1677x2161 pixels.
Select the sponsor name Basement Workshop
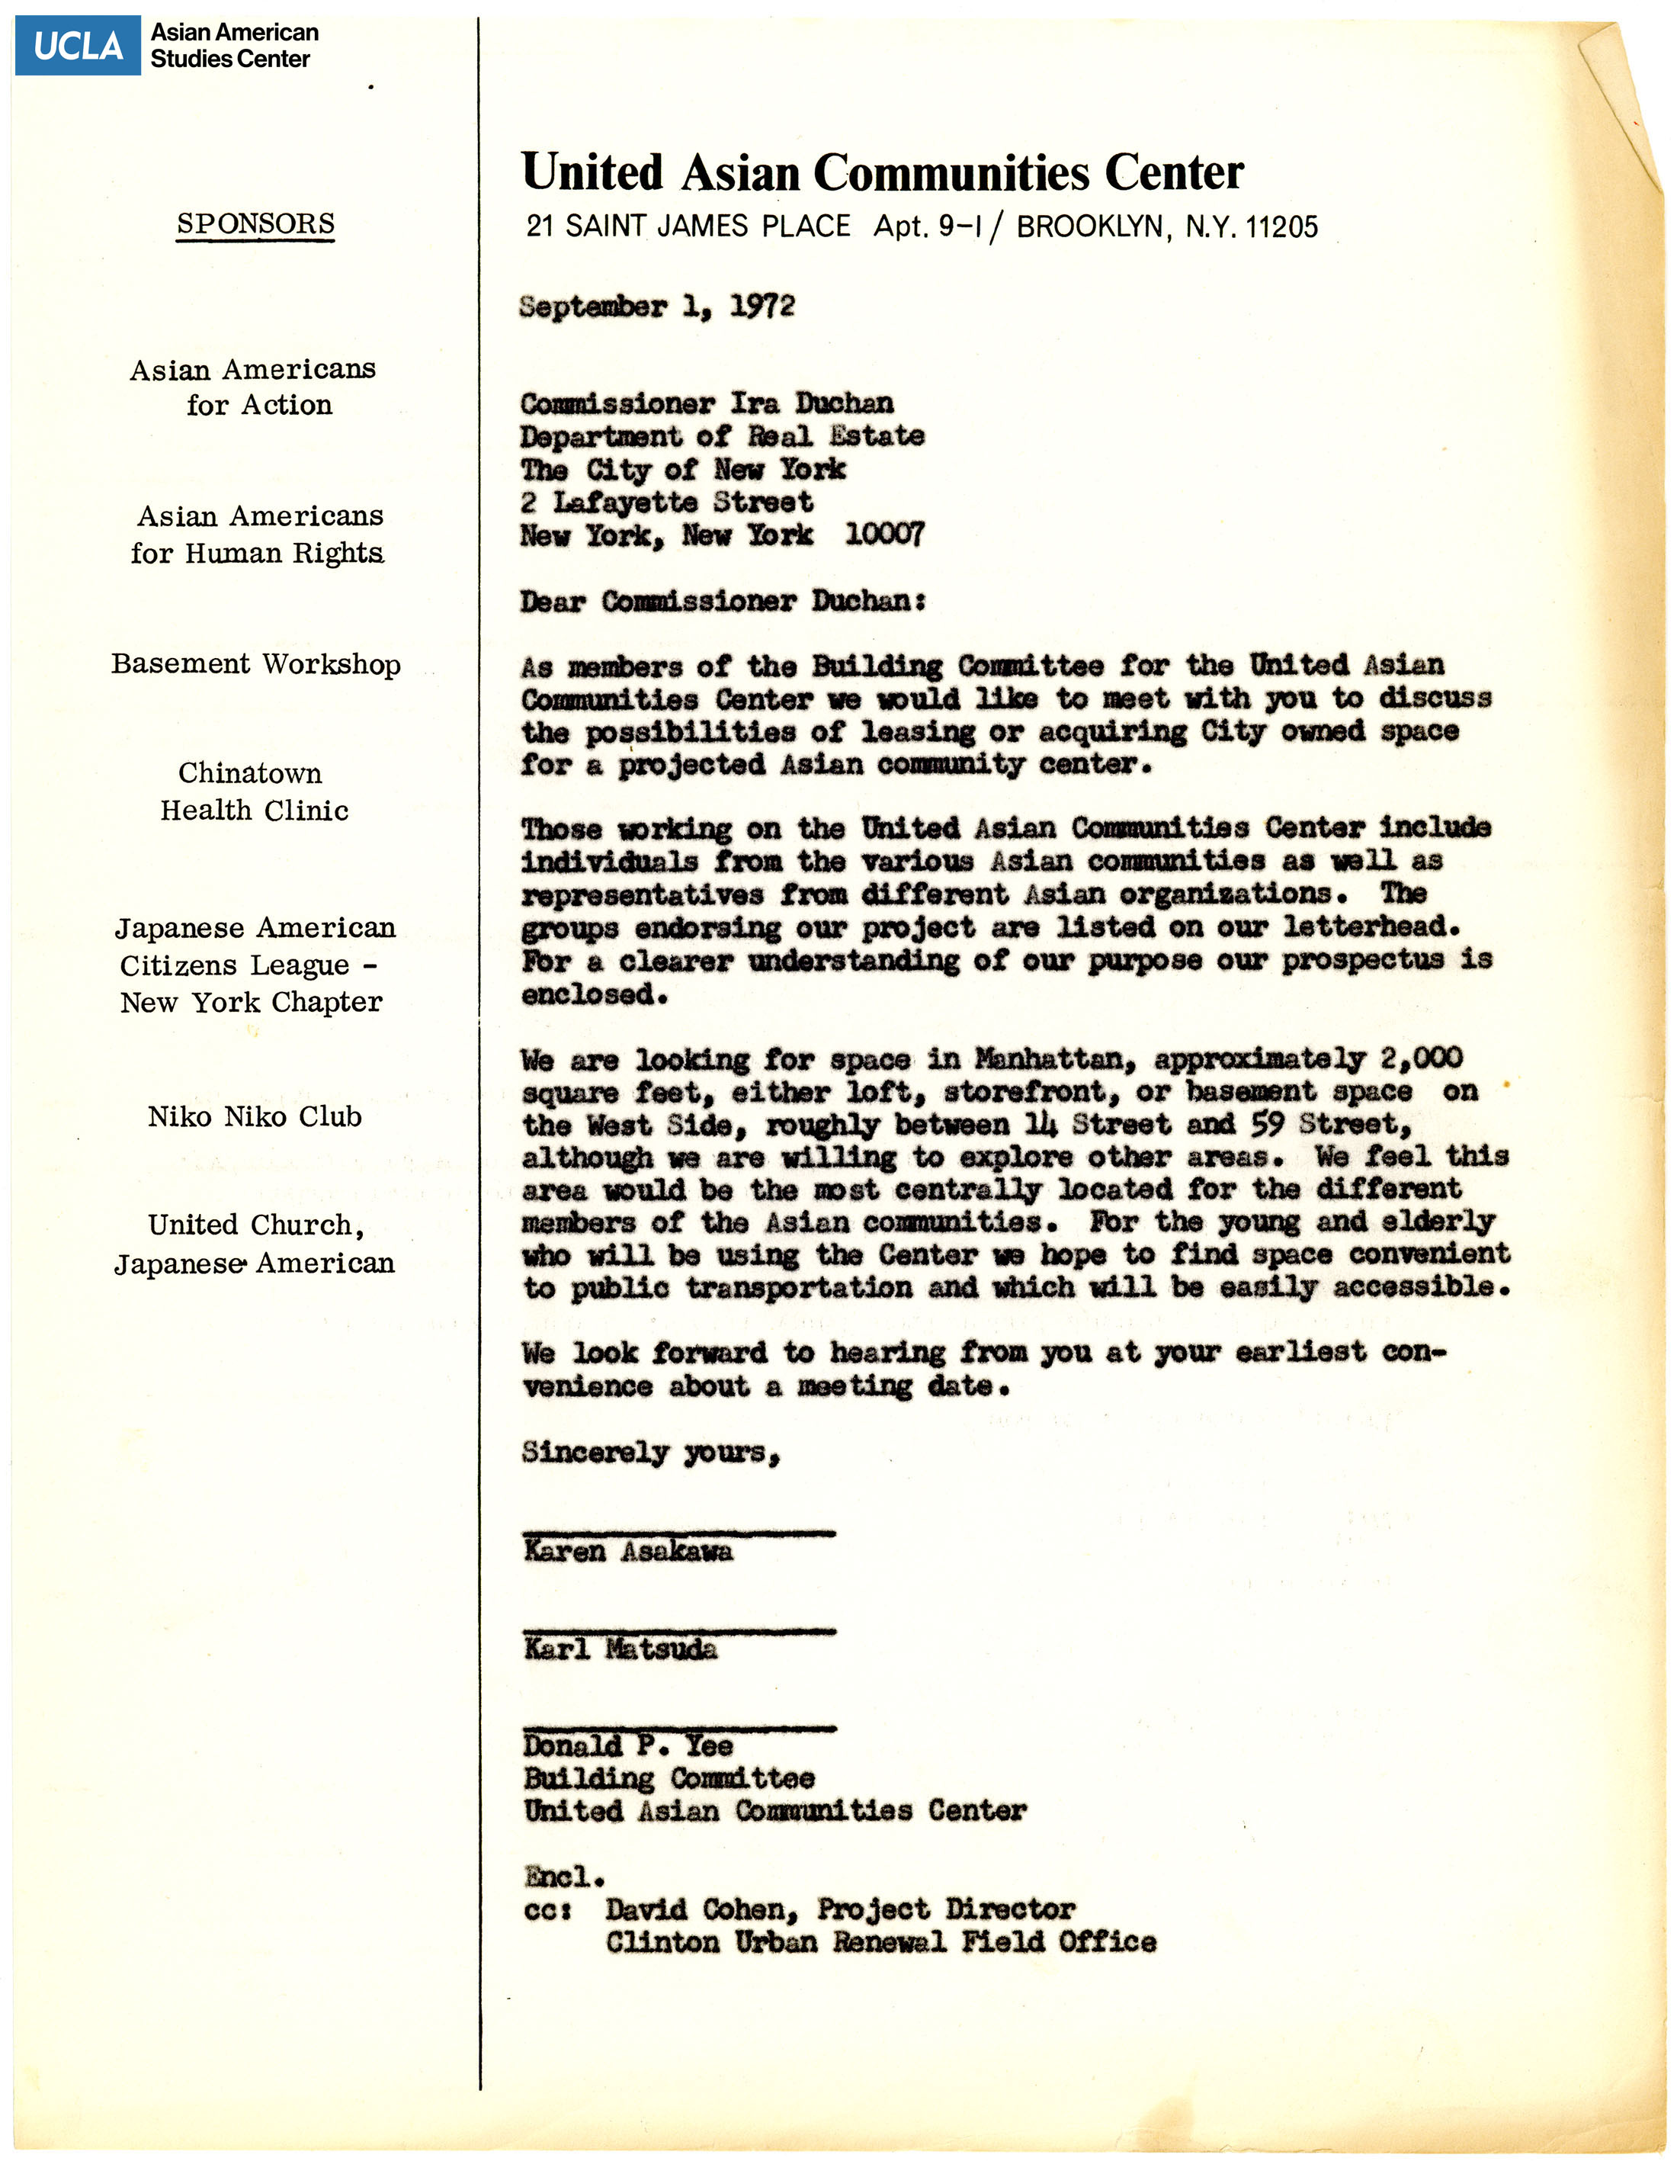click(x=255, y=664)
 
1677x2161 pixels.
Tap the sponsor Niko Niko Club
click(x=255, y=1117)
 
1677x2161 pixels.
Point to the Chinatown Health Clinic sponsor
click(x=255, y=792)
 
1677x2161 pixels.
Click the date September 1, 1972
click(x=656, y=307)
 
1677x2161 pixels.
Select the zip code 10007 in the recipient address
click(x=883, y=535)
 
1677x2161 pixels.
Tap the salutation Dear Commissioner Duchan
click(x=722, y=602)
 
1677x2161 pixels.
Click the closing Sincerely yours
click(x=650, y=1453)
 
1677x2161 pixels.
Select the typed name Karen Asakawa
click(x=628, y=1552)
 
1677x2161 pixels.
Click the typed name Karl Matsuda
click(x=620, y=1649)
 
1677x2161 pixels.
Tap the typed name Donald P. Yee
click(x=628, y=1746)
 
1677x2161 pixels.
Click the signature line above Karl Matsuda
click(x=678, y=1630)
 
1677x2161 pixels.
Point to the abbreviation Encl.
click(x=564, y=1876)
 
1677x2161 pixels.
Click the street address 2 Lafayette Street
click(x=668, y=503)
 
